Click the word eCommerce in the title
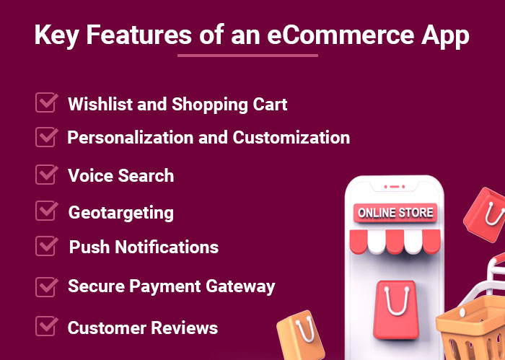[341, 35]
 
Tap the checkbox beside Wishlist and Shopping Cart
[47, 102]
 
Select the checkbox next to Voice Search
[47, 175]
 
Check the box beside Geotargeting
[47, 211]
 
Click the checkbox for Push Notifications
[47, 246]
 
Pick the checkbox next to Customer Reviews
[47, 326]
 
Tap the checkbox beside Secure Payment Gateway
[47, 286]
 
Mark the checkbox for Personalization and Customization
[47, 137]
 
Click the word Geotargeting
[121, 213]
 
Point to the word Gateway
[240, 286]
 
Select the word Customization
[291, 138]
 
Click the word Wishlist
[100, 104]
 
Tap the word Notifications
[167, 247]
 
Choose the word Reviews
[185, 328]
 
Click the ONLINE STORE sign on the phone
[395, 213]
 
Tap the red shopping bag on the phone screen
[396, 309]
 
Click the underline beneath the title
[247, 56]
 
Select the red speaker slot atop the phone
[395, 187]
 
